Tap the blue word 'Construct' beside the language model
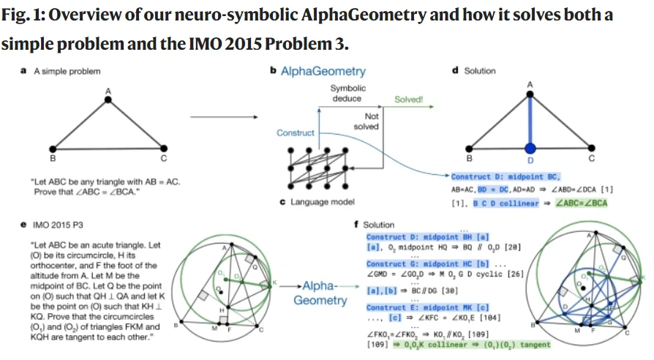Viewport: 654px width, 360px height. [295, 132]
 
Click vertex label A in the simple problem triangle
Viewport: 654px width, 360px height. [108, 90]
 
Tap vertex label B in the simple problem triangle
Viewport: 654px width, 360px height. [51, 157]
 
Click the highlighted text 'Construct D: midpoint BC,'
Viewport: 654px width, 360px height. [506, 176]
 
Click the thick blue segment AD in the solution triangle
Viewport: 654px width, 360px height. [530, 117]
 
